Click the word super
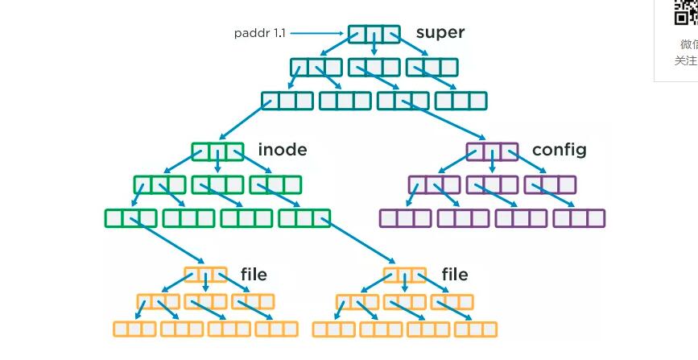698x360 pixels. [440, 33]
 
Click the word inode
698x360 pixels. [282, 150]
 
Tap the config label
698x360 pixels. [559, 150]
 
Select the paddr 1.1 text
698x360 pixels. [258, 33]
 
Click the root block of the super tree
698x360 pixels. [374, 35]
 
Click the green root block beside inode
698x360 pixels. [217, 151]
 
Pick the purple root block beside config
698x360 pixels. [492, 151]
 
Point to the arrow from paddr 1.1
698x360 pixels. [318, 33]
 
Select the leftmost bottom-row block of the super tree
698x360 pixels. [287, 101]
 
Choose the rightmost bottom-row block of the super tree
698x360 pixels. [461, 101]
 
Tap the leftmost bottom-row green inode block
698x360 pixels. [130, 217]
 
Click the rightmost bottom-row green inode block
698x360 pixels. [304, 217]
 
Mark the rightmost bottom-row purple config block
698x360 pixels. [579, 217]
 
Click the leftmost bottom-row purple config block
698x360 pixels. [405, 217]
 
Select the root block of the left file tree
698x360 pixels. [206, 275]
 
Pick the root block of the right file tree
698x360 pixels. [405, 275]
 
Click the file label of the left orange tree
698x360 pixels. [254, 275]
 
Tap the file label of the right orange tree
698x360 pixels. [454, 275]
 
